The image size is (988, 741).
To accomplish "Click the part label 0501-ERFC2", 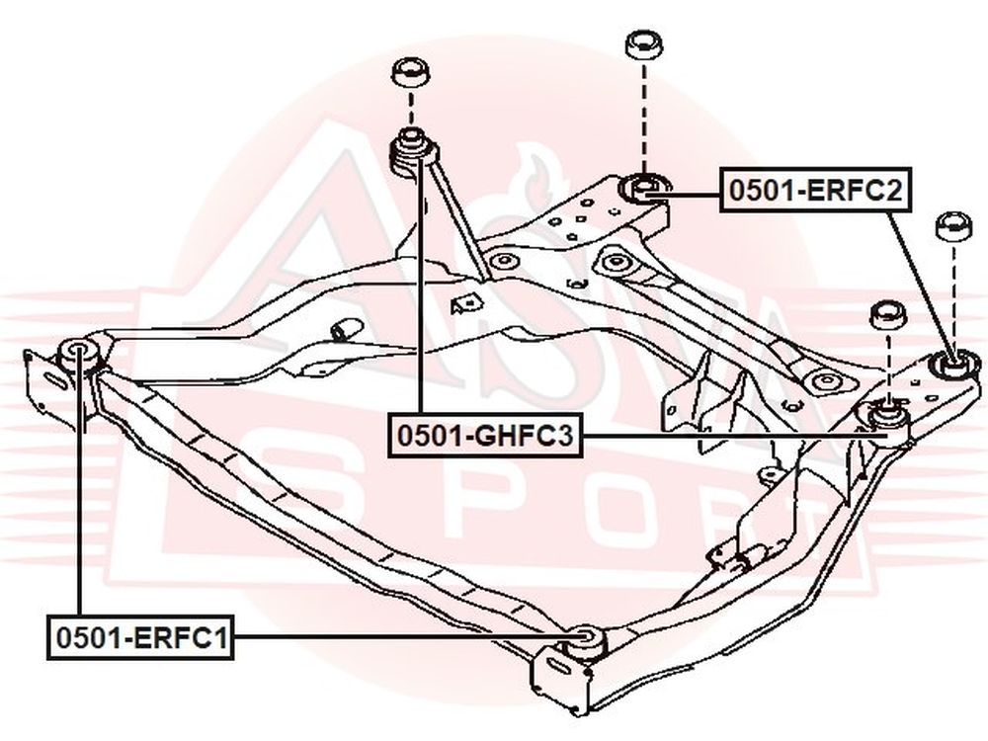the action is tap(816, 190).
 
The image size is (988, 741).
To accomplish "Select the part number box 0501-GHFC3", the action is tap(485, 435).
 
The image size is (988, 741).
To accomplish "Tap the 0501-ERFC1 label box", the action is tap(140, 637).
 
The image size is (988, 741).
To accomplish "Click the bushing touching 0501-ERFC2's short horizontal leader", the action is tap(644, 188).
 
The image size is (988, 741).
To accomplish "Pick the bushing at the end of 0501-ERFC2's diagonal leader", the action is tap(955, 366).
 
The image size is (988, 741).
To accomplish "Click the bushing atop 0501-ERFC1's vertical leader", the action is tap(78, 357).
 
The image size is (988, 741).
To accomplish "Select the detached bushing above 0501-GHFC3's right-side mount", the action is tap(888, 315).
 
